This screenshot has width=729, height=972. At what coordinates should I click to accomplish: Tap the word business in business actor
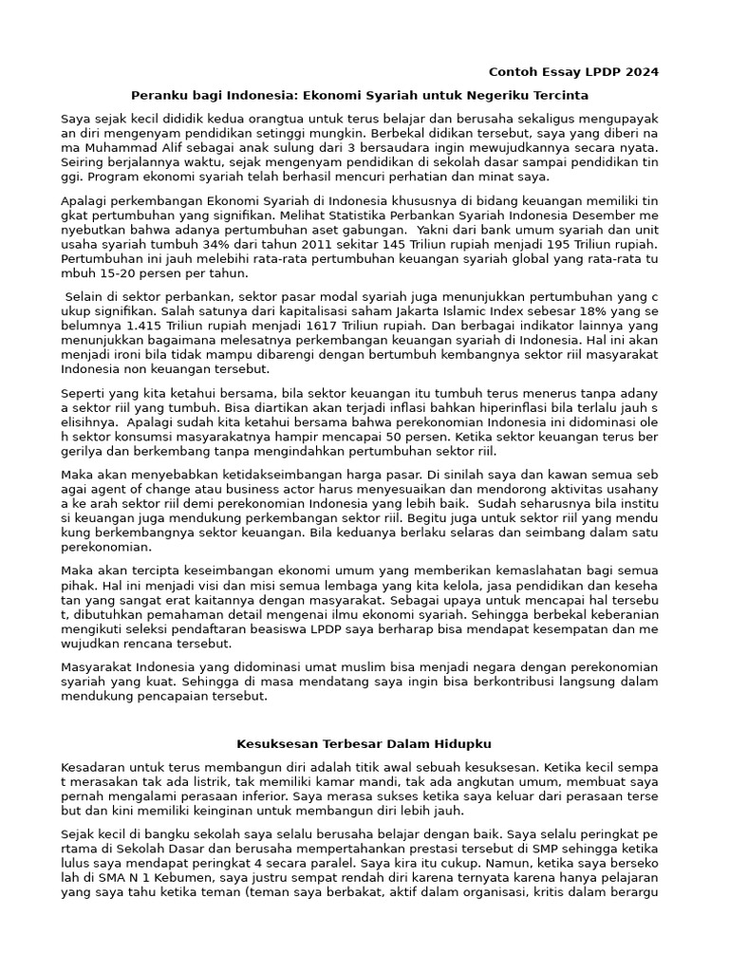pos(198,490)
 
